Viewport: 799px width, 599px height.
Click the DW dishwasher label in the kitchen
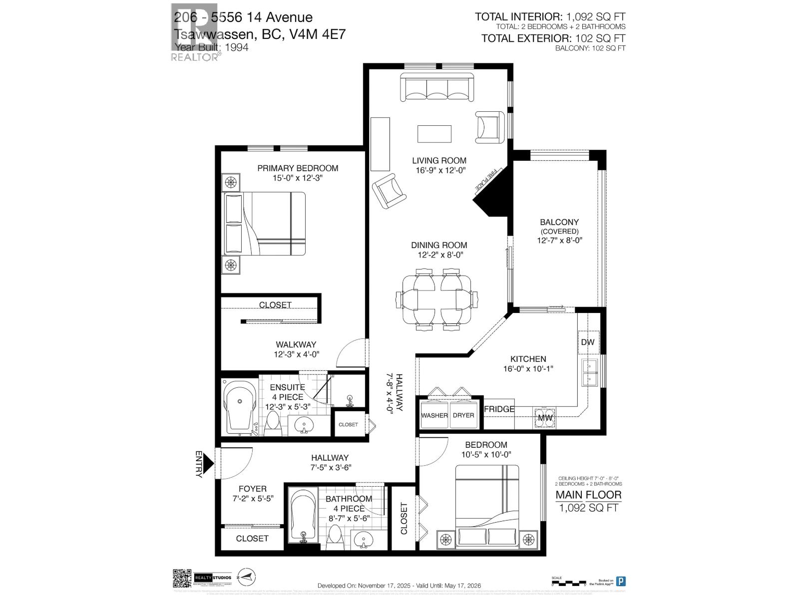(x=588, y=342)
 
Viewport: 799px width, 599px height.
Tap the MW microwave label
(x=545, y=418)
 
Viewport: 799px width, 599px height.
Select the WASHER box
(x=434, y=415)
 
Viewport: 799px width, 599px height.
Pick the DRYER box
(x=463, y=415)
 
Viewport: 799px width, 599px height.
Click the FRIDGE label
(x=499, y=409)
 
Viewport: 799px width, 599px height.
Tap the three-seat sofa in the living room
(x=437, y=88)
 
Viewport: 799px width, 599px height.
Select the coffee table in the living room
(x=434, y=134)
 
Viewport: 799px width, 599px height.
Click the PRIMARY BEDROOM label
(x=298, y=168)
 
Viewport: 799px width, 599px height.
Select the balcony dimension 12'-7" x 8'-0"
(x=559, y=240)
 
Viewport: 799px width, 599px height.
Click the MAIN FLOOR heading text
(x=589, y=495)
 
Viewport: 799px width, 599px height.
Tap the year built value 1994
(x=236, y=47)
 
